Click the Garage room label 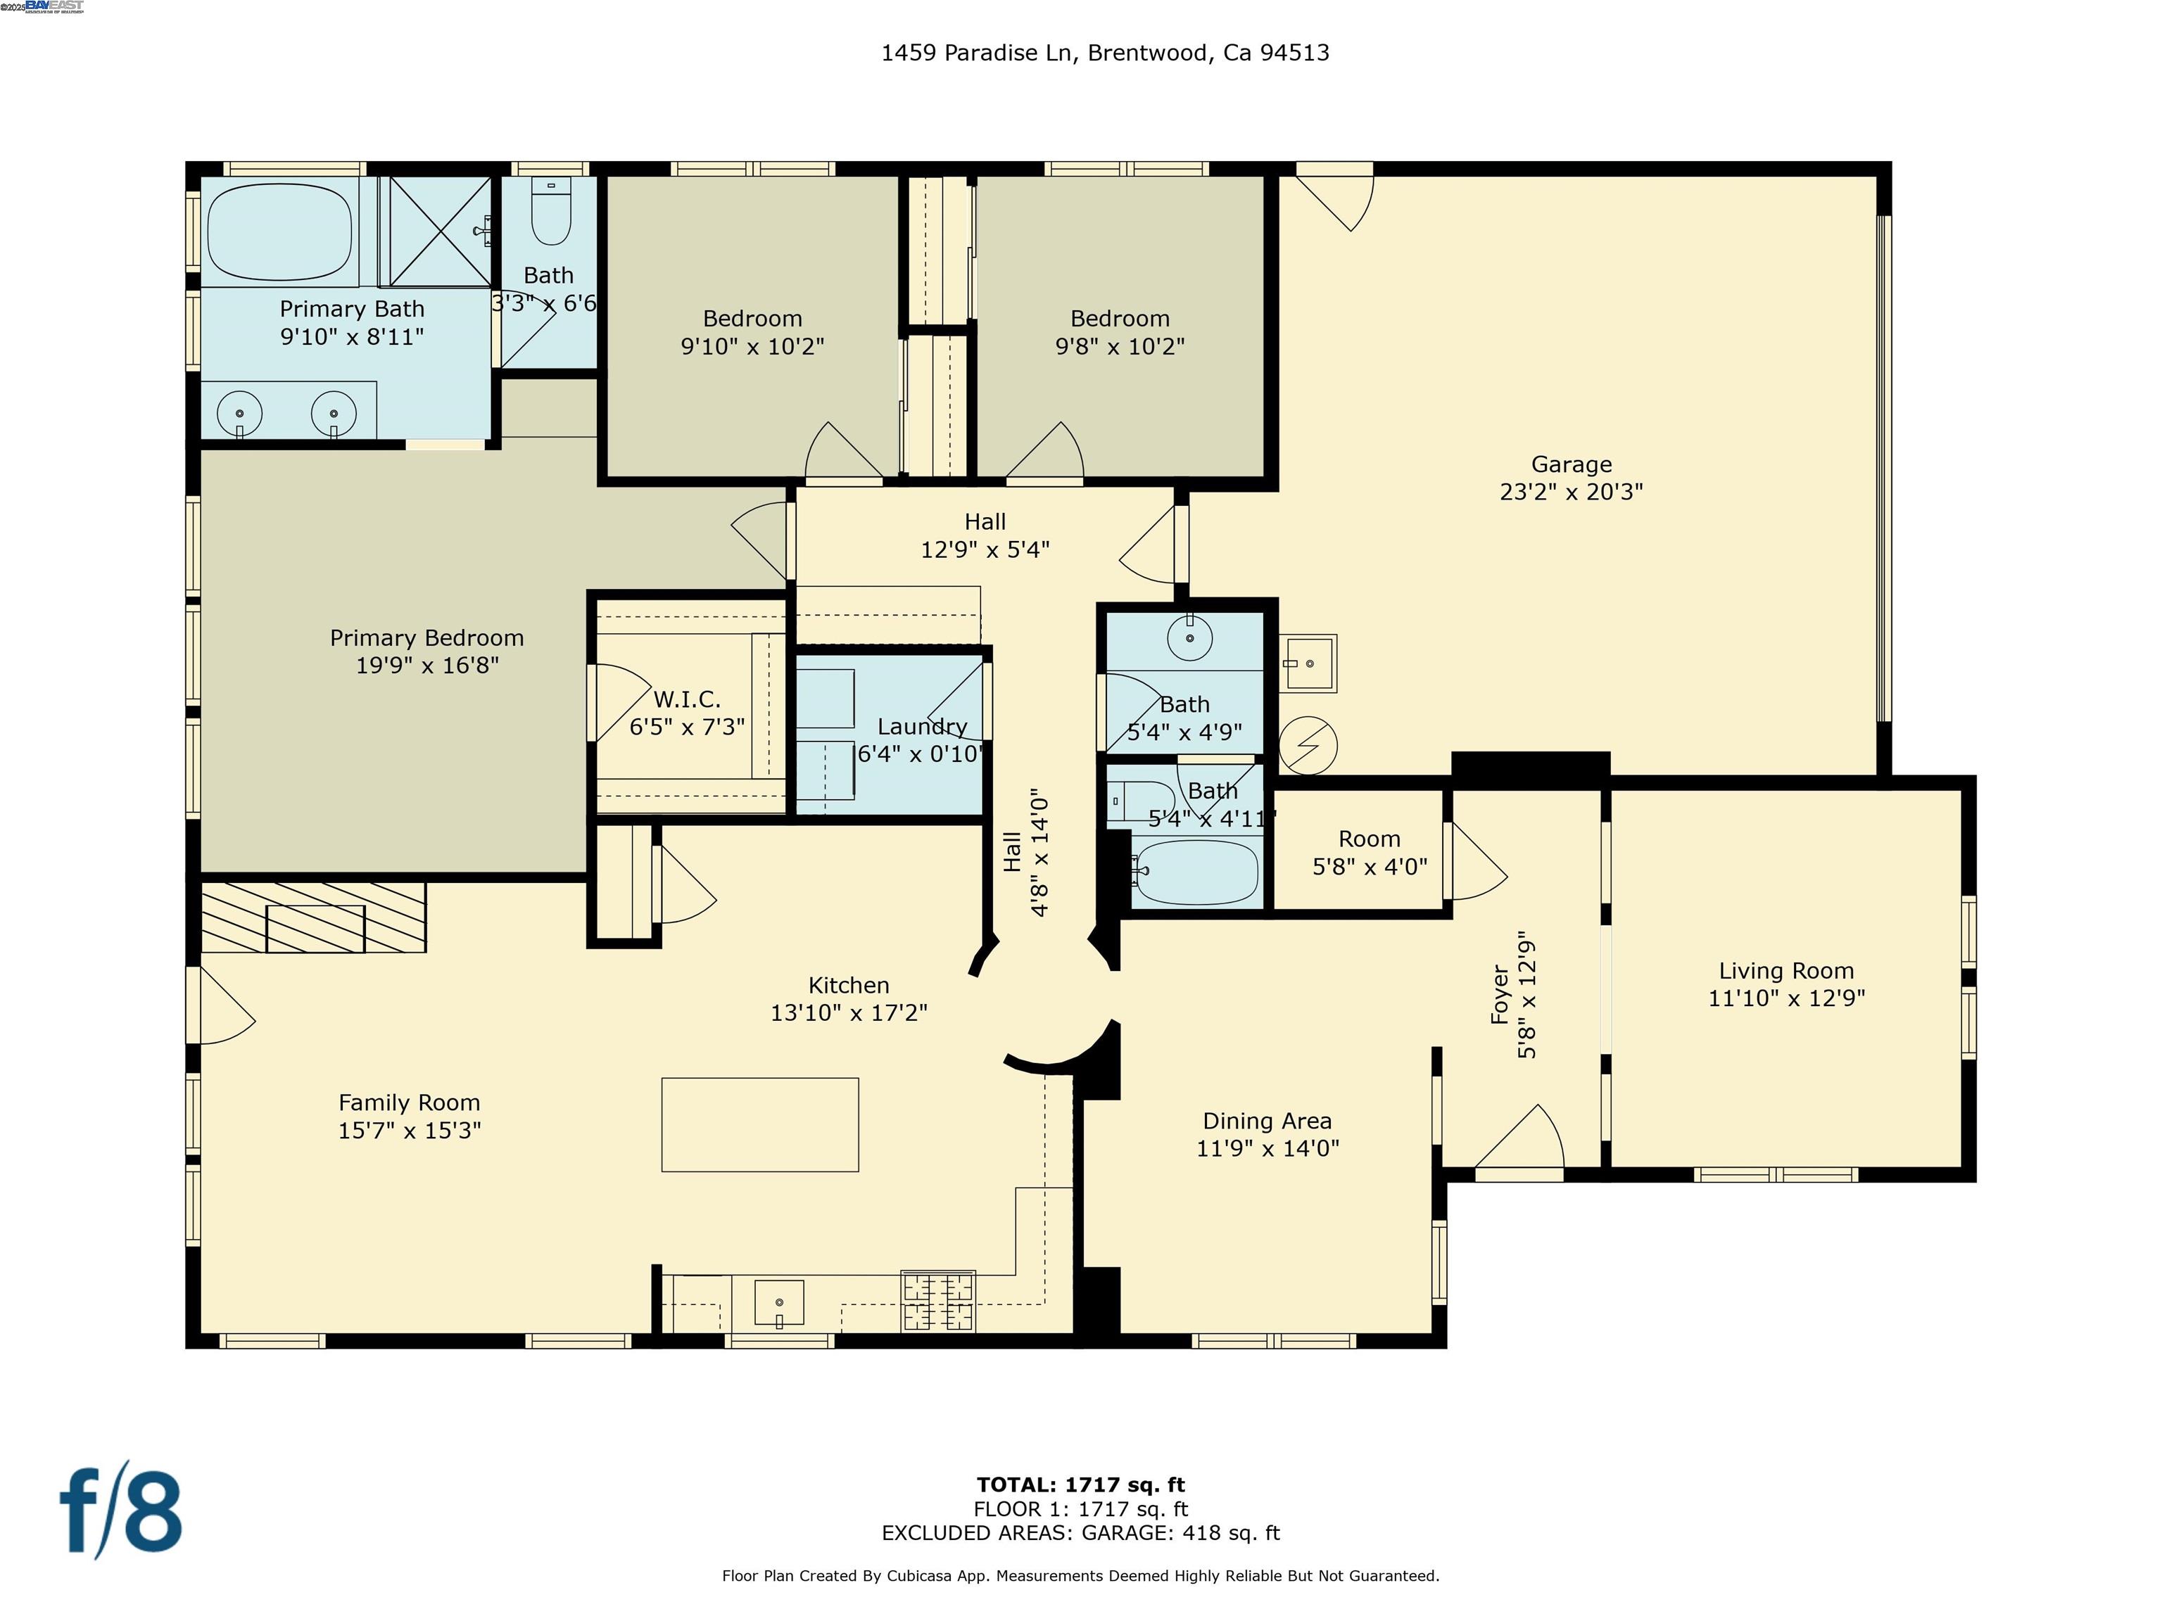point(1571,464)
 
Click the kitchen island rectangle point(759,1124)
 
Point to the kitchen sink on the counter point(779,1304)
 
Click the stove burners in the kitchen point(938,1302)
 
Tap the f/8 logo point(121,1513)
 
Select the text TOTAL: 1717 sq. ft point(1080,1485)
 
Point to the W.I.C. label point(686,699)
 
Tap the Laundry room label point(922,727)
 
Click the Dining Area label point(1267,1121)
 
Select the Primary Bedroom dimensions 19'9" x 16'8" point(427,666)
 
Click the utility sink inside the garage point(1307,663)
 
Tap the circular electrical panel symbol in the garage point(1308,746)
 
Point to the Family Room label point(410,1102)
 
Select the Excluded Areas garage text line point(1080,1532)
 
